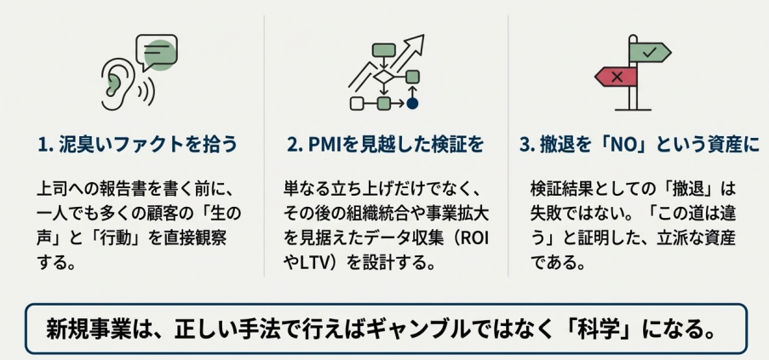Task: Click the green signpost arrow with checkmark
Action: point(650,52)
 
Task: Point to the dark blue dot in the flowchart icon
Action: point(412,103)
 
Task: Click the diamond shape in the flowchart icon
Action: point(385,77)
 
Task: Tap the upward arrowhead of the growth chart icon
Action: point(416,42)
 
